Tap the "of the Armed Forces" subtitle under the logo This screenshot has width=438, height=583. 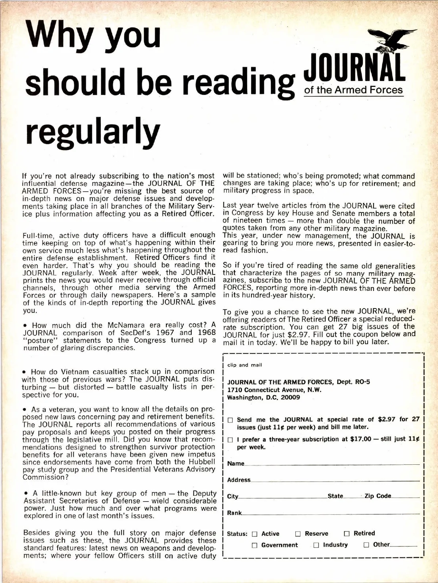click(x=353, y=90)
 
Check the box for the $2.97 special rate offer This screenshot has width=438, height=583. click(x=230, y=420)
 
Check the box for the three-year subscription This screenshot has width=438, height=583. click(x=230, y=440)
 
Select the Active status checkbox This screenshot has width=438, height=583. click(x=255, y=534)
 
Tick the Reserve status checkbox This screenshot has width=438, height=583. click(x=298, y=534)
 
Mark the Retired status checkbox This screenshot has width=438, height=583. click(x=347, y=534)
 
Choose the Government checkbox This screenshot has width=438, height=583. click(x=255, y=545)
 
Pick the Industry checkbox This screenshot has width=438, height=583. click(x=316, y=545)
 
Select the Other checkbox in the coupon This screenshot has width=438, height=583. click(x=366, y=545)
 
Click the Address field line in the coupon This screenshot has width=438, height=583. click(x=334, y=480)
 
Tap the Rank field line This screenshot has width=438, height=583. click(x=330, y=513)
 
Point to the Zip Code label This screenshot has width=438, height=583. click(x=377, y=496)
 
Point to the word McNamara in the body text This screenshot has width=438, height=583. click(x=134, y=325)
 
